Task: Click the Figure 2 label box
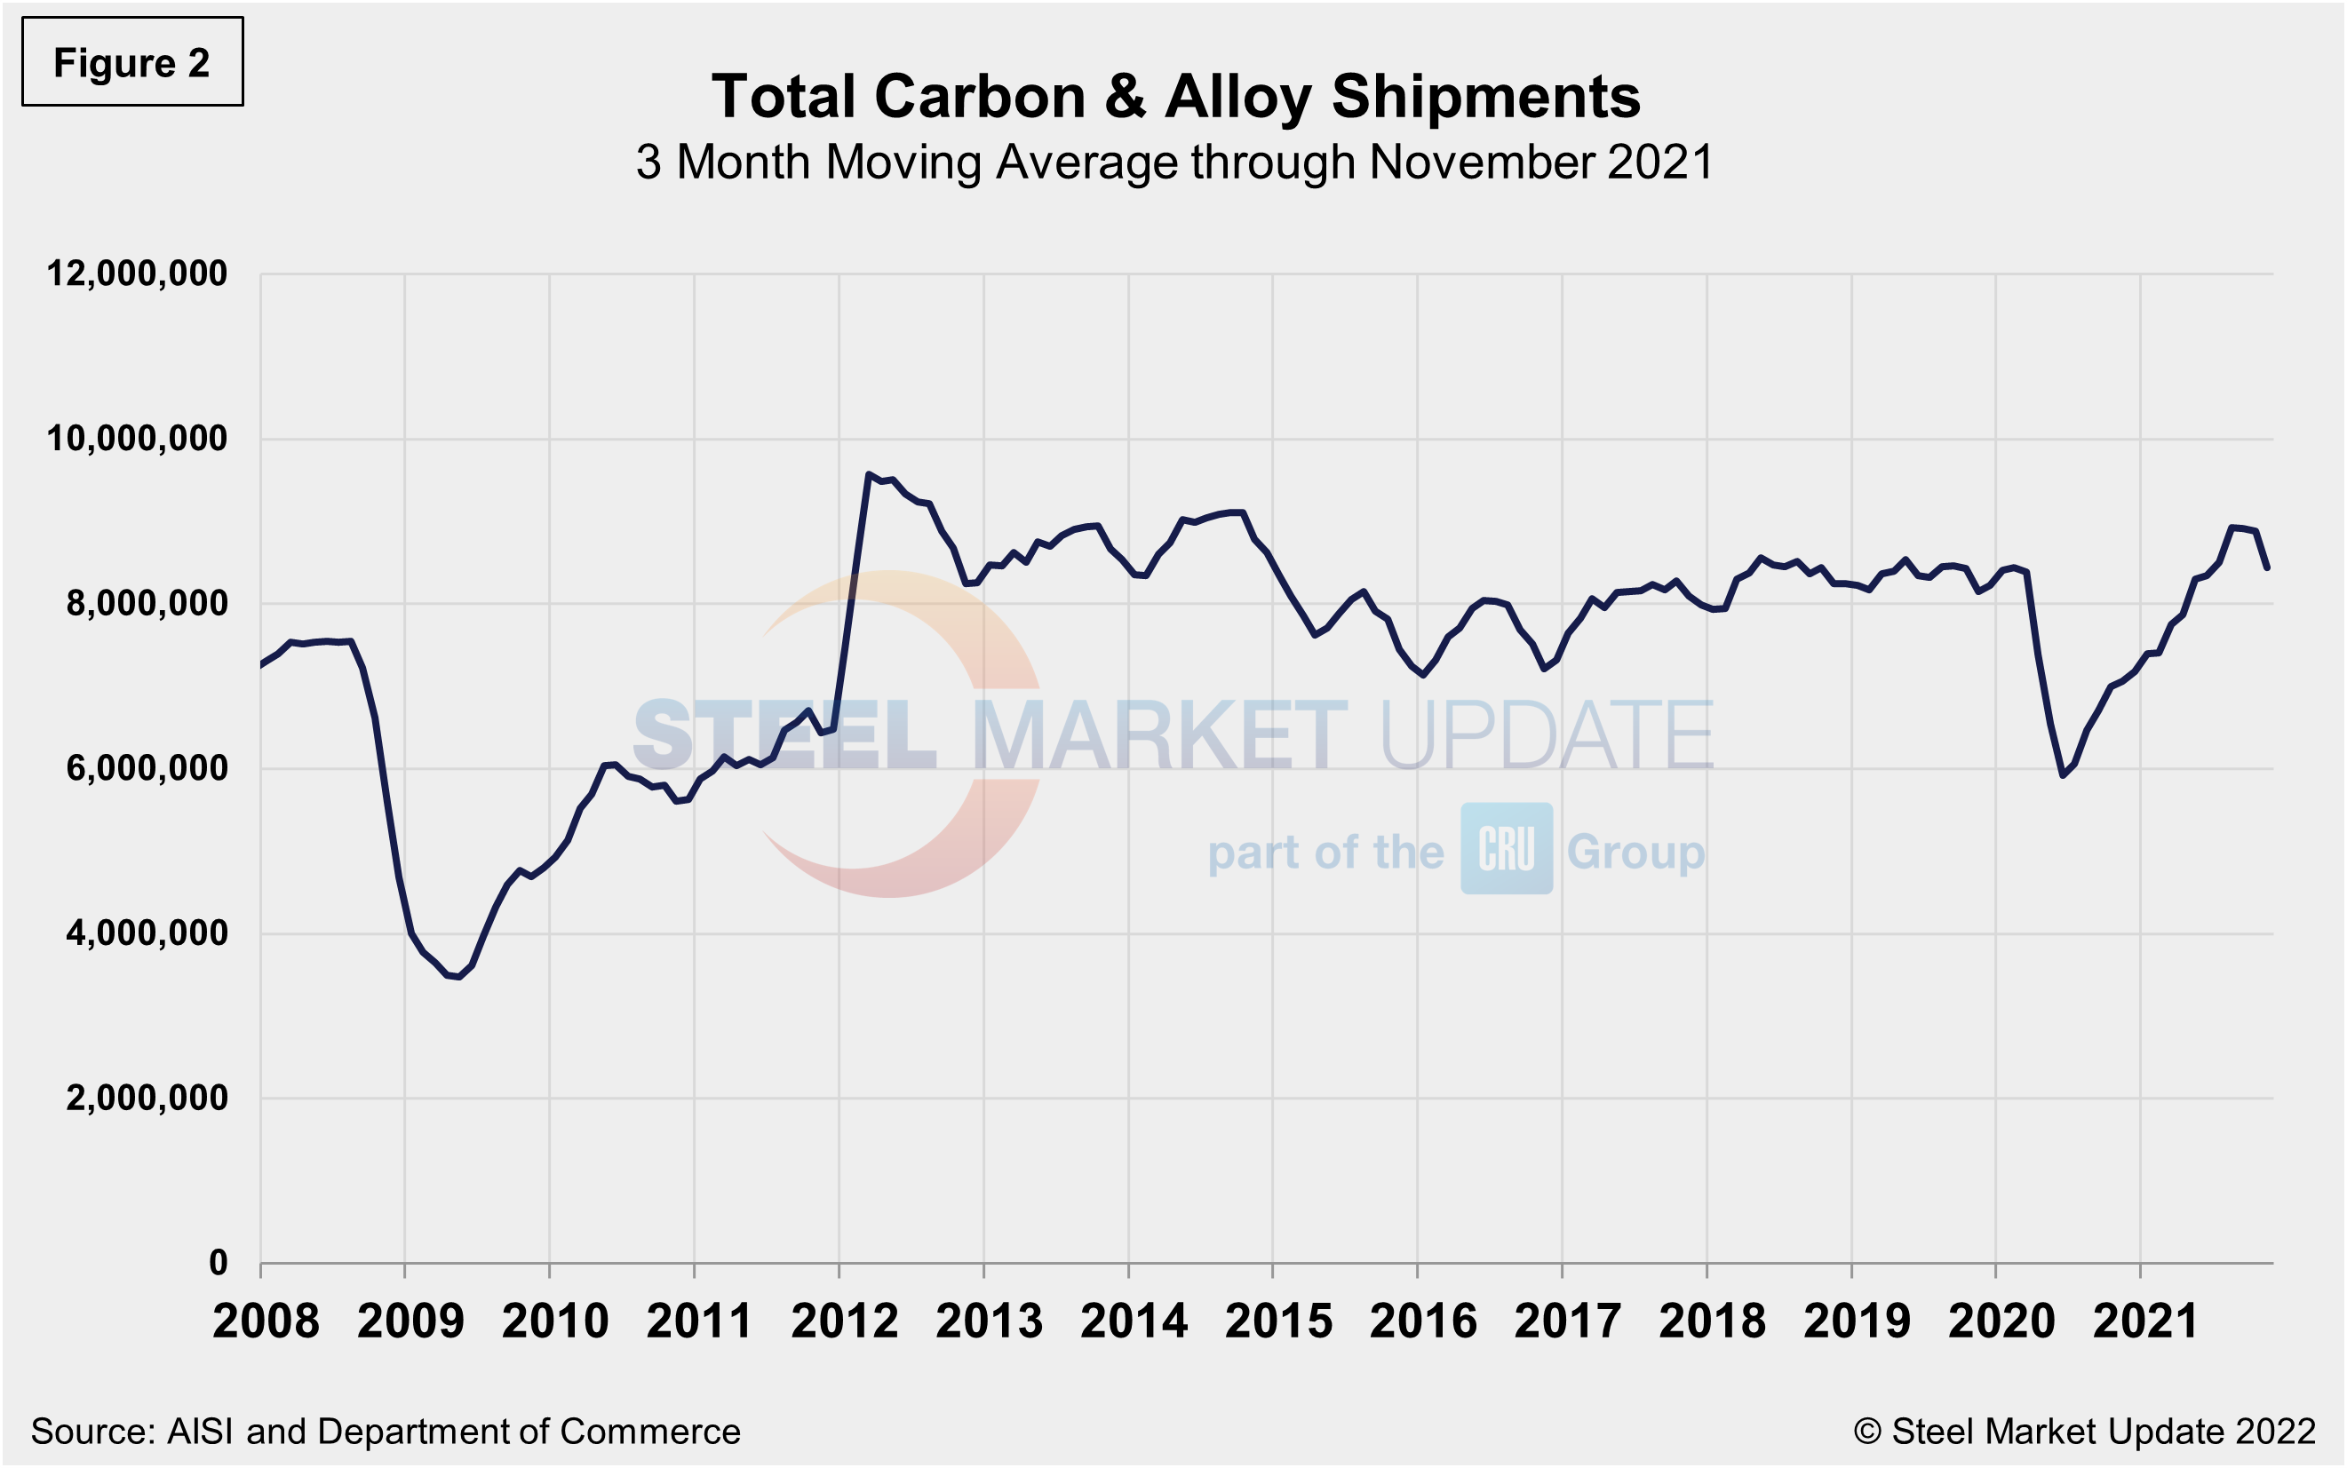tap(132, 62)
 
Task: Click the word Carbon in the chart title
tap(980, 97)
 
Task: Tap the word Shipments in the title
tap(1484, 97)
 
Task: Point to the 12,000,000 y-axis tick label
tap(137, 274)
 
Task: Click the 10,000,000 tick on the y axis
tap(137, 439)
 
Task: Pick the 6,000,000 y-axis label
tap(147, 769)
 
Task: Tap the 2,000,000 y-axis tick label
tap(147, 1098)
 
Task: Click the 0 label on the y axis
tap(219, 1263)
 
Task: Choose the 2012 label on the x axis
tap(844, 1321)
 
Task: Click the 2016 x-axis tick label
tap(1422, 1321)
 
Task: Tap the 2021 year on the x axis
tap(2145, 1321)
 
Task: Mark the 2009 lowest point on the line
tap(458, 977)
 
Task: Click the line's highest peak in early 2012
tap(868, 474)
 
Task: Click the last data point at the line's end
tap(2267, 568)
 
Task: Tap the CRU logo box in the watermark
tap(1506, 849)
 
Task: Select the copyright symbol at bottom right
tap(1866, 1431)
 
